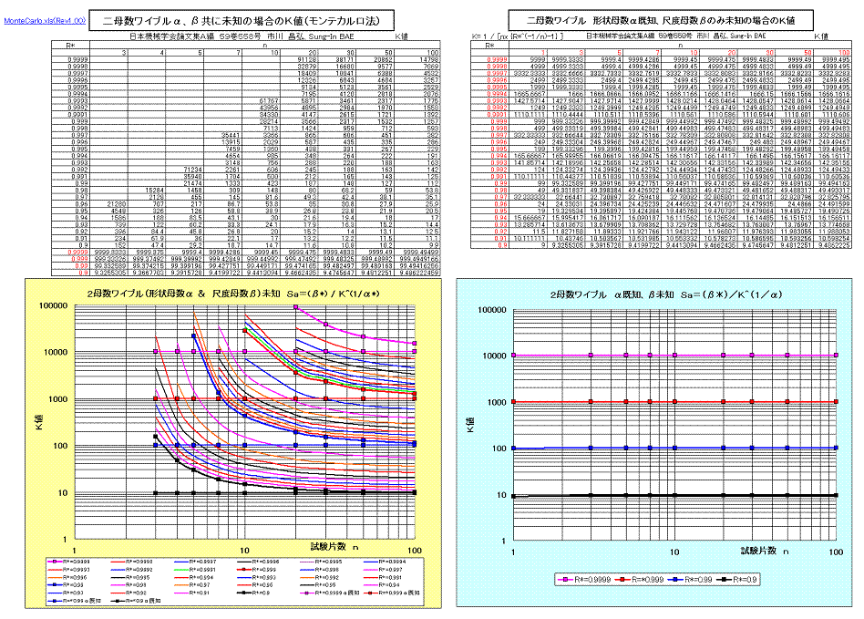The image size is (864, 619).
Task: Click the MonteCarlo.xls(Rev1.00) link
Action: pyautogui.click(x=45, y=19)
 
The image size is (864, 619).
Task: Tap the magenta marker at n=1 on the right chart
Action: pyautogui.click(x=514, y=355)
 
